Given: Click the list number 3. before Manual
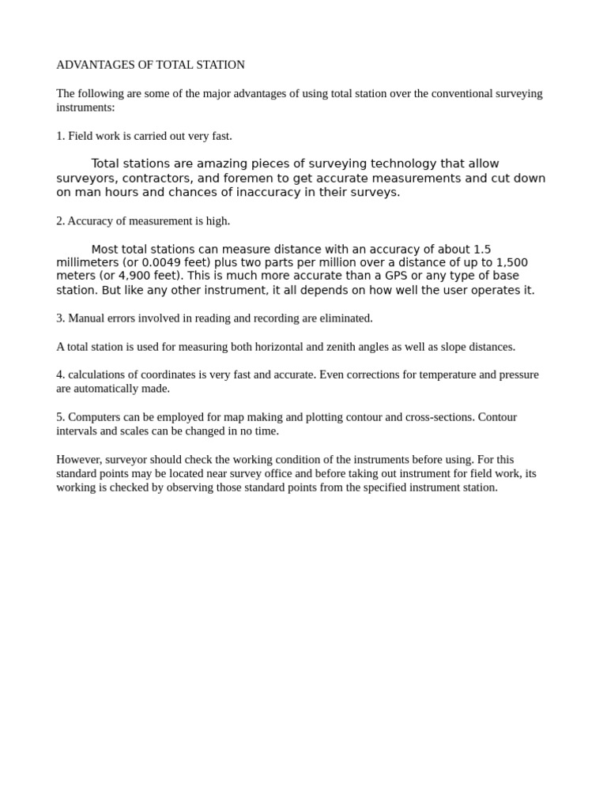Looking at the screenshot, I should click(x=60, y=318).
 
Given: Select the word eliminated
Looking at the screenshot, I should click(x=344, y=318).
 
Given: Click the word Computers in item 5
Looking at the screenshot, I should click(x=95, y=417).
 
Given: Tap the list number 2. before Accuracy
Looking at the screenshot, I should click(x=60, y=221).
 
